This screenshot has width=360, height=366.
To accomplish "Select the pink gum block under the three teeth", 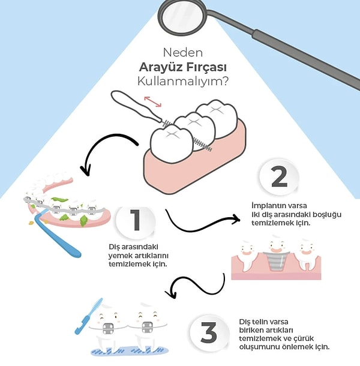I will pos(192,165).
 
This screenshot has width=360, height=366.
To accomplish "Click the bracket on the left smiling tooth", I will pos(107,329).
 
